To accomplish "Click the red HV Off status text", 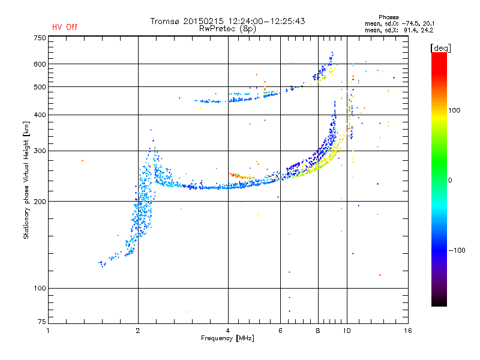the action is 65,27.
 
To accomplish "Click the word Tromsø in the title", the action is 164,21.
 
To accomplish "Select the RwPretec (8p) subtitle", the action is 227,29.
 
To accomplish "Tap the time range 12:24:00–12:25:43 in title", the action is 266,21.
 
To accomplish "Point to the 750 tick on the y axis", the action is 40,38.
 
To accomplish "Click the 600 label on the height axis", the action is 40,64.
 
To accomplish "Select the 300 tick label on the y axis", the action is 40,151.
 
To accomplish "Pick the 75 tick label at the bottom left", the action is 42,322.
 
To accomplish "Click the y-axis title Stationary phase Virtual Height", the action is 26,180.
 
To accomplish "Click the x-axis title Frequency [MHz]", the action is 227,338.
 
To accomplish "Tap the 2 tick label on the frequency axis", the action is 138,331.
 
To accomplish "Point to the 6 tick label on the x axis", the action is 280,331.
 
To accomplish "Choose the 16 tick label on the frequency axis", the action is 408,331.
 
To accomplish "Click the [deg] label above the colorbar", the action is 440,49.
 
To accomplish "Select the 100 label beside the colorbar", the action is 454,110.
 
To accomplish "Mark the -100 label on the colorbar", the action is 457,250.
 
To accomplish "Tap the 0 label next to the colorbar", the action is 450,181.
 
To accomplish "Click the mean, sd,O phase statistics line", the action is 400,24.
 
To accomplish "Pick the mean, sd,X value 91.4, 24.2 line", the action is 399,31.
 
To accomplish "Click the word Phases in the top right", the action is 388,17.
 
